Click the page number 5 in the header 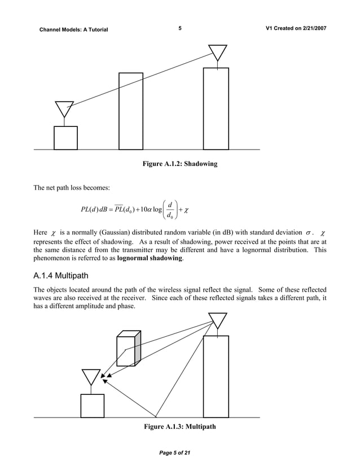point(179,28)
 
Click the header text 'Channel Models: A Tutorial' point(73,29)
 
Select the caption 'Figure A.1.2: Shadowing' point(180,164)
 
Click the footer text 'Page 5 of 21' point(179,455)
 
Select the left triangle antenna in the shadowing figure point(64,109)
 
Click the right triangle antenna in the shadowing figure point(216,52)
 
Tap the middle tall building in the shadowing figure point(131,111)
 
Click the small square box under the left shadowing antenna point(65,138)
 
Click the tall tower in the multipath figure point(216,376)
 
